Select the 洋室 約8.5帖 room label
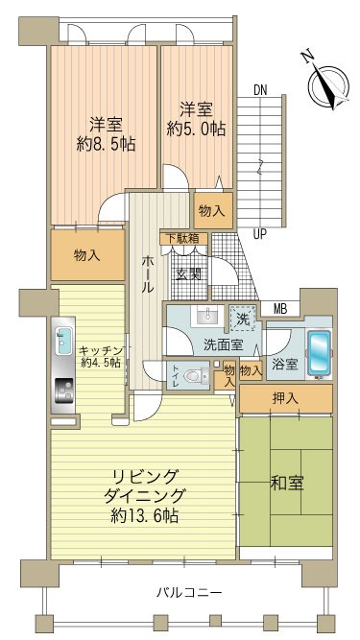pyautogui.click(x=105, y=134)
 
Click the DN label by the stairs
pyautogui.click(x=260, y=90)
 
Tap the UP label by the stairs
pyautogui.click(x=259, y=233)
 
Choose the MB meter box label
pyautogui.click(x=279, y=308)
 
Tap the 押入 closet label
pyautogui.click(x=285, y=397)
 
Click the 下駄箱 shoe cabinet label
pyautogui.click(x=180, y=239)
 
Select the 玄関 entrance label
pyautogui.click(x=189, y=274)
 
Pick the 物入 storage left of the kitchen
pyautogui.click(x=86, y=255)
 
